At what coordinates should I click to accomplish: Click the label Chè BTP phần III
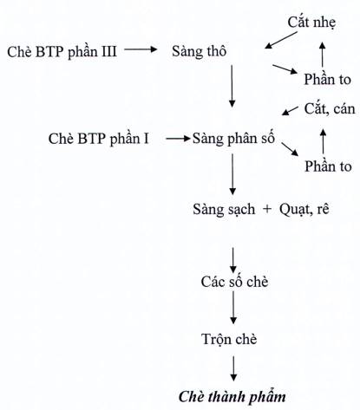tap(62, 52)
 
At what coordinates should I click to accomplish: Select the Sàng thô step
tap(199, 52)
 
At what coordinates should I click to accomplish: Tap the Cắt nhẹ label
tap(311, 23)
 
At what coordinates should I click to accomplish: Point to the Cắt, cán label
tap(330, 109)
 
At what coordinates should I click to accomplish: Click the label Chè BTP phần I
tap(99, 139)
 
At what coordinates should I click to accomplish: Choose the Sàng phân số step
tap(233, 139)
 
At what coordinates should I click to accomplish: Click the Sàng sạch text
tap(224, 210)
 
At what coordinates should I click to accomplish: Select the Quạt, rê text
tap(304, 210)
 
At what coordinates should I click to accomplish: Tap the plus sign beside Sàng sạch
tap(267, 209)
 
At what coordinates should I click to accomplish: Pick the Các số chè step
tap(234, 282)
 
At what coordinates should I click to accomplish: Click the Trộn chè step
tap(229, 339)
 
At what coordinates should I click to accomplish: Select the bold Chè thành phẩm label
tap(232, 397)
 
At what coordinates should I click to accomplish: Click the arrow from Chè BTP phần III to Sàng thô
tap(141, 49)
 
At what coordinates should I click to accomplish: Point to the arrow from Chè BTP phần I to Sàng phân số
tap(178, 139)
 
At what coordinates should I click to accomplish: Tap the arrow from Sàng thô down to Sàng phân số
tap(232, 86)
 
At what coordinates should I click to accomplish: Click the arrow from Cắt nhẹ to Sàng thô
tap(281, 40)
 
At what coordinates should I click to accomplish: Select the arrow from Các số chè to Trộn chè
tap(233, 308)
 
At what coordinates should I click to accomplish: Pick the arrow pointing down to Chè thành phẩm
tap(233, 368)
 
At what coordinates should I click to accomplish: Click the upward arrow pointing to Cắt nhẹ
tap(323, 55)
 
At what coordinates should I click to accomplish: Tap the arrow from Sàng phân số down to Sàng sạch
tap(232, 174)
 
